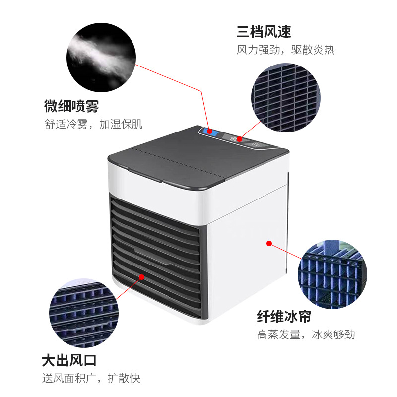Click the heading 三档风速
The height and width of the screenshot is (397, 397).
click(264, 32)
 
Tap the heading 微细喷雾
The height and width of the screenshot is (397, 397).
click(71, 106)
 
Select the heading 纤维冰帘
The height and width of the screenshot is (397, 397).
click(284, 316)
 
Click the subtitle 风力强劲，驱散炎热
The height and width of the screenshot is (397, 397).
click(286, 50)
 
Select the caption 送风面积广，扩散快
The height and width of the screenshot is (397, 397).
click(91, 379)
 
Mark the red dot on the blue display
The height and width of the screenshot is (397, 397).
click(209, 132)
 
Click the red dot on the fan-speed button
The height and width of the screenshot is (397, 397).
click(239, 139)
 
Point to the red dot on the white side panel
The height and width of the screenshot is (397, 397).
click(269, 244)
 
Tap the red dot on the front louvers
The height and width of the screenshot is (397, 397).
click(142, 277)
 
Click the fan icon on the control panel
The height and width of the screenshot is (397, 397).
click(233, 139)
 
